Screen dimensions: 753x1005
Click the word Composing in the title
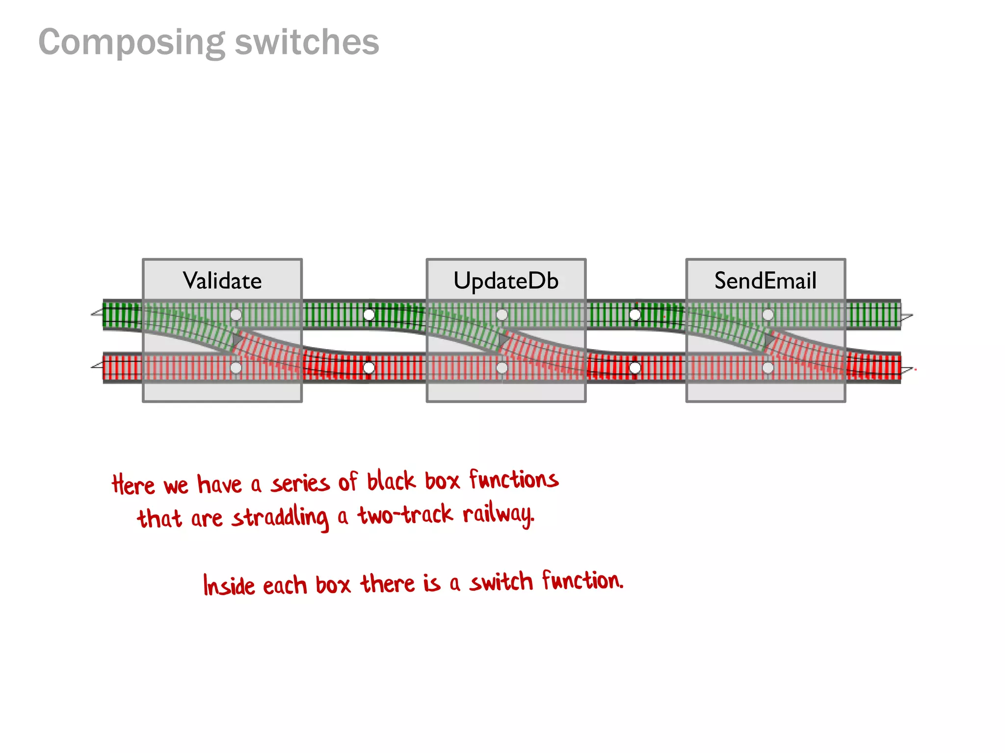pyautogui.click(x=132, y=43)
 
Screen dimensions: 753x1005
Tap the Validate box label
pyautogui.click(x=222, y=281)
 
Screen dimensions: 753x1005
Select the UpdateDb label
pyautogui.click(x=506, y=281)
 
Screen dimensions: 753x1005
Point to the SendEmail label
pyautogui.click(x=765, y=281)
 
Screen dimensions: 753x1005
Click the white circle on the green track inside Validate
pyautogui.click(x=236, y=315)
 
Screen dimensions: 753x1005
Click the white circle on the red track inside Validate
pyautogui.click(x=236, y=368)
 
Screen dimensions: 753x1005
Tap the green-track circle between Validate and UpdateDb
pyautogui.click(x=369, y=315)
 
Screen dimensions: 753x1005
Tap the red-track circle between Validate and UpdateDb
pyautogui.click(x=369, y=368)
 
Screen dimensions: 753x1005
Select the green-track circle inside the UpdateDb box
pyautogui.click(x=502, y=315)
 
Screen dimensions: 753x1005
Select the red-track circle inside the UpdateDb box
pyautogui.click(x=502, y=368)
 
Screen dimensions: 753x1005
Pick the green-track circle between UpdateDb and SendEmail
pyautogui.click(x=635, y=315)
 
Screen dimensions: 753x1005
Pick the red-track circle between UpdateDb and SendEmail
pyautogui.click(x=635, y=368)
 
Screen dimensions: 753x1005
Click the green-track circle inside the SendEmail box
pyautogui.click(x=768, y=315)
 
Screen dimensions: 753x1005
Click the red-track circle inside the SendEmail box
pyautogui.click(x=768, y=368)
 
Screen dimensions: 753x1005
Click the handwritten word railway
pyautogui.click(x=498, y=515)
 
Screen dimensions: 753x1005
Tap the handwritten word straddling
pyautogui.click(x=280, y=518)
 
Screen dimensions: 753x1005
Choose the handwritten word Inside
pyautogui.click(x=229, y=585)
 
